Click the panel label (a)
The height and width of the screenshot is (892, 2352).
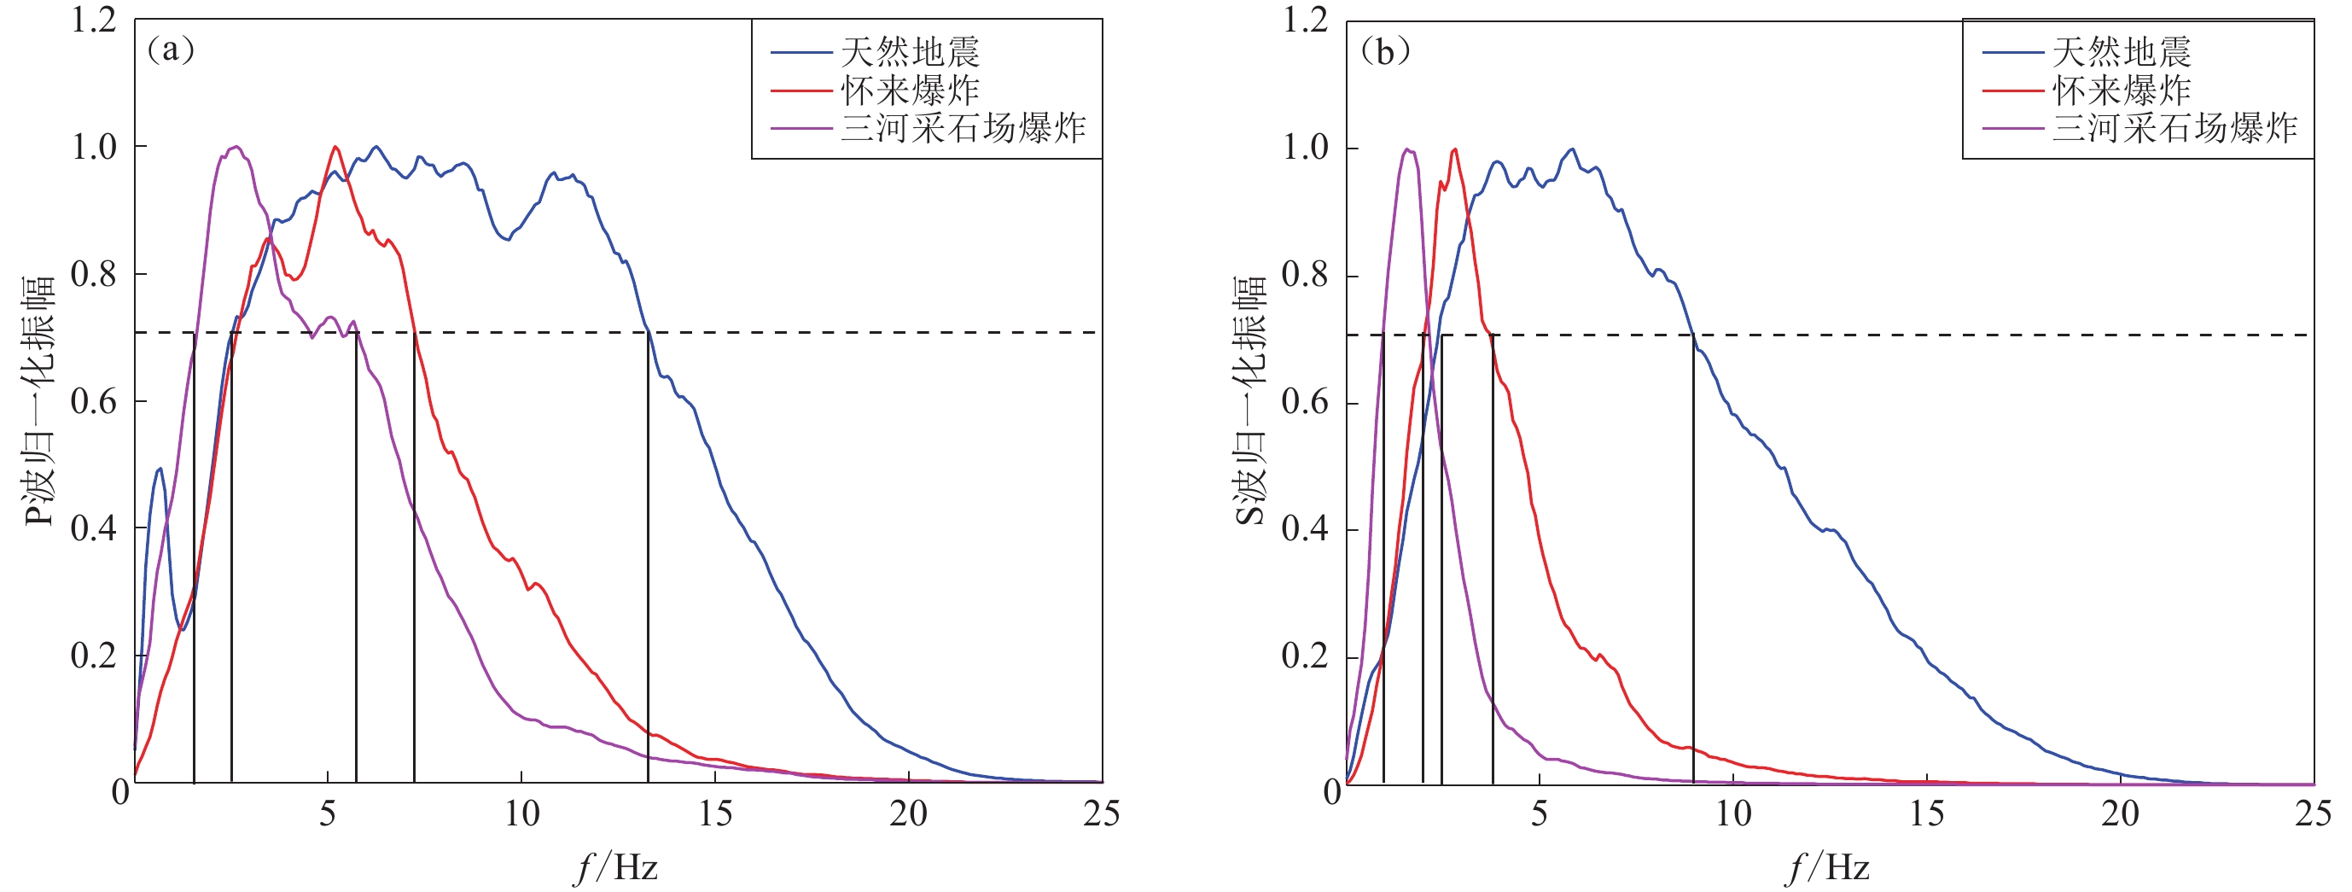point(171,50)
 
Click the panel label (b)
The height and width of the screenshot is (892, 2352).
point(1384,51)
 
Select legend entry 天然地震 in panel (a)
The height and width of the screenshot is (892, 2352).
point(910,52)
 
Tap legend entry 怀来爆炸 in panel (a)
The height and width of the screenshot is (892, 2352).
point(910,90)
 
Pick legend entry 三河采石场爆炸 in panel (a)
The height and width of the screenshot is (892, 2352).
point(963,128)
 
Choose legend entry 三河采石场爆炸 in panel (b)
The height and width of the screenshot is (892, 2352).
point(2174,128)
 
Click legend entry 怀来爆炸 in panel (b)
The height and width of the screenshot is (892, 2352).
point(2121,90)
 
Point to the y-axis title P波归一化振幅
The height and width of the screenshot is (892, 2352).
point(38,402)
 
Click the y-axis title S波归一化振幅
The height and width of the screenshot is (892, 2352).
point(1250,402)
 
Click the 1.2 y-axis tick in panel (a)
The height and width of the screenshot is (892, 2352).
point(94,20)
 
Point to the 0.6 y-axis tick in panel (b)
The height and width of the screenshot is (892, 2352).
point(1306,402)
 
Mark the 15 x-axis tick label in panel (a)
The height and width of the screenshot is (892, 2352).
point(715,813)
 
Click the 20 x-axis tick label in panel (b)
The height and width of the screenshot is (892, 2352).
point(2120,813)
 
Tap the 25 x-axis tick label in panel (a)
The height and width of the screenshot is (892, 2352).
point(1101,813)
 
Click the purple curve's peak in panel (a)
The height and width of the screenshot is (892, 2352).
point(236,147)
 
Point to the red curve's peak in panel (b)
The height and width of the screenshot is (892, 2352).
point(1454,149)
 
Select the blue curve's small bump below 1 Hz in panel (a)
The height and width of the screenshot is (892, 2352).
point(160,469)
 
